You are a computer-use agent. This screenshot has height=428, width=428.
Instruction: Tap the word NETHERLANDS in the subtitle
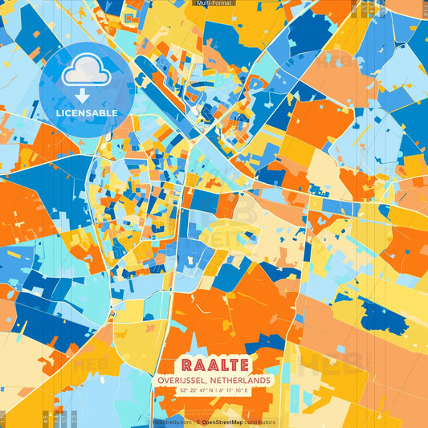tap(238, 380)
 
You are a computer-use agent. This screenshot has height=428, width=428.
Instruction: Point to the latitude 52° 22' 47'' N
tap(195, 390)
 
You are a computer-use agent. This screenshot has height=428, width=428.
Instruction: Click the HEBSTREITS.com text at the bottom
tap(173, 422)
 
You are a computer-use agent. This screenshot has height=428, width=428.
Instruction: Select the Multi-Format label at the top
tap(214, 3)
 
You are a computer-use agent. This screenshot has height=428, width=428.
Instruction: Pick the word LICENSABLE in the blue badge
tap(85, 112)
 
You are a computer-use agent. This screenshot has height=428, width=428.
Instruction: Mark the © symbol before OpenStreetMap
tap(198, 422)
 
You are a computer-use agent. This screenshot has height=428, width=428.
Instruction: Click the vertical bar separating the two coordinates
tap(214, 390)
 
